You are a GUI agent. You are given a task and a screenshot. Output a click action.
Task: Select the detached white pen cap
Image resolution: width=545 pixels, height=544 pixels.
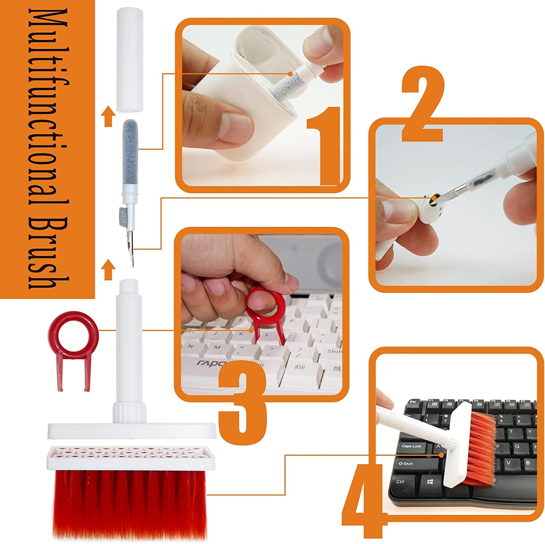129,60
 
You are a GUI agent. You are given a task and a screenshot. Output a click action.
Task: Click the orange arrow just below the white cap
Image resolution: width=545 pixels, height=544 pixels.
108,116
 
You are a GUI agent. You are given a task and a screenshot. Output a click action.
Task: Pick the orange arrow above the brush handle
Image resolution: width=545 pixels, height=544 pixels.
108,270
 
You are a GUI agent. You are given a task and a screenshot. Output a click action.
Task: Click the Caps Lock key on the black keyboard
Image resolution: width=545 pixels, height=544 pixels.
411,446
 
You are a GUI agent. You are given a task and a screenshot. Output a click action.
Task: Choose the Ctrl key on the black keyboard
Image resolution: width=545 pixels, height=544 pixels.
400,481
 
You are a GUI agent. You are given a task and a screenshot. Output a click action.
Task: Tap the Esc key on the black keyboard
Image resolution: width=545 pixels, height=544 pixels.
413,402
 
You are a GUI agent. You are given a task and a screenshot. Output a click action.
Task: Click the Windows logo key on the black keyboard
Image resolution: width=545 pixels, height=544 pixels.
430,482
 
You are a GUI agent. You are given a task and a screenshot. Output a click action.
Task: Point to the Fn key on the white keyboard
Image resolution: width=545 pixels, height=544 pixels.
300,366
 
